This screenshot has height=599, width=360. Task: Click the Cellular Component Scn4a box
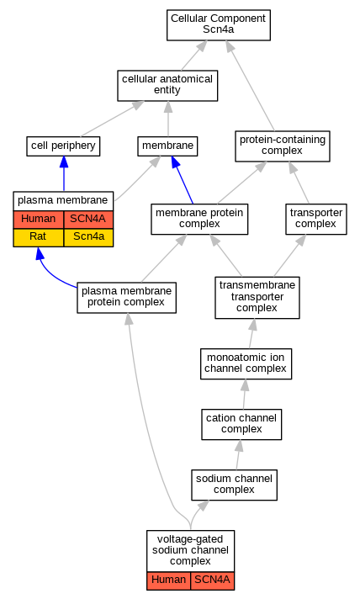pyautogui.click(x=219, y=25)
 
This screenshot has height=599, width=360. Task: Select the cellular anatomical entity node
pyautogui.click(x=167, y=86)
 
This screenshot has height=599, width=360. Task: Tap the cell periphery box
pyautogui.click(x=63, y=146)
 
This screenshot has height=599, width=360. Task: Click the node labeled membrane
pyautogui.click(x=167, y=146)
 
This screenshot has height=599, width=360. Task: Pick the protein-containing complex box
pyautogui.click(x=283, y=146)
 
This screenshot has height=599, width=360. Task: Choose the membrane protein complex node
pyautogui.click(x=199, y=220)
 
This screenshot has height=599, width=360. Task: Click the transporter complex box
pyautogui.click(x=316, y=220)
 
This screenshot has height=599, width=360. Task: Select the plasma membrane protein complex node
pyautogui.click(x=127, y=298)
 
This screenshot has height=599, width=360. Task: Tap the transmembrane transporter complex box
pyautogui.click(x=257, y=298)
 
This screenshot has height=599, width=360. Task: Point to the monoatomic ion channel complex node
pyautogui.click(x=246, y=363)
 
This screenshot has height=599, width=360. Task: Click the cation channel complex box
pyautogui.click(x=241, y=424)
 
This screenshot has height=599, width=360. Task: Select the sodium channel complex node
pyautogui.click(x=234, y=485)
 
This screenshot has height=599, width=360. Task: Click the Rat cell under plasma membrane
pyautogui.click(x=38, y=237)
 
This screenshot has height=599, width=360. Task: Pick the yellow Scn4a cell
pyautogui.click(x=88, y=237)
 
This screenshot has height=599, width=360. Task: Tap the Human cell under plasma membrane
pyautogui.click(x=38, y=220)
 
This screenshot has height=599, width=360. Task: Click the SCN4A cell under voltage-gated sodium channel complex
pyautogui.click(x=212, y=581)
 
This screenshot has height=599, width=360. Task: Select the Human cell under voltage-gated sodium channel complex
pyautogui.click(x=169, y=581)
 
